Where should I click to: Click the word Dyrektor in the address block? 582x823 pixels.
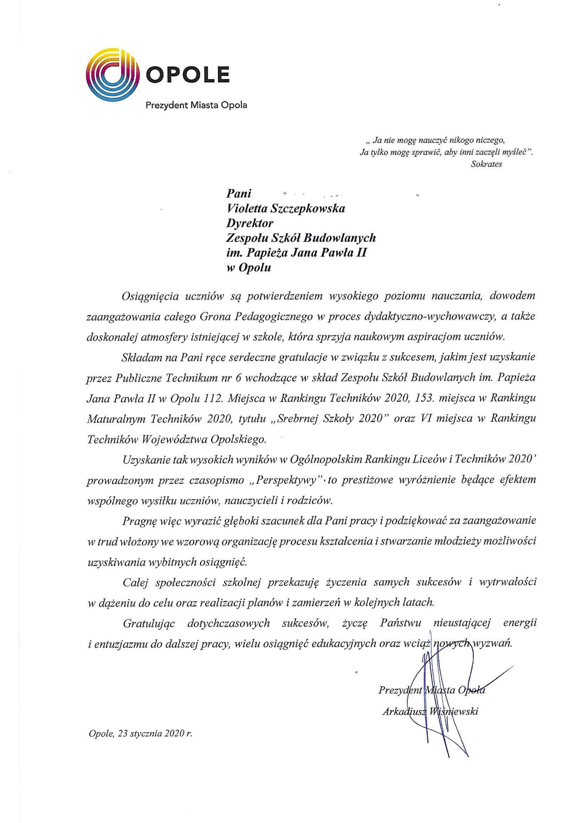coord(250,223)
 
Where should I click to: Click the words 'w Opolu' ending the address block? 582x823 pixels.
coord(249,268)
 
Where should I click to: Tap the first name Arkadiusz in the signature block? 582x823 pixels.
coord(403,712)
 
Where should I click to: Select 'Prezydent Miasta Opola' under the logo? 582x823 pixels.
coord(196,106)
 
